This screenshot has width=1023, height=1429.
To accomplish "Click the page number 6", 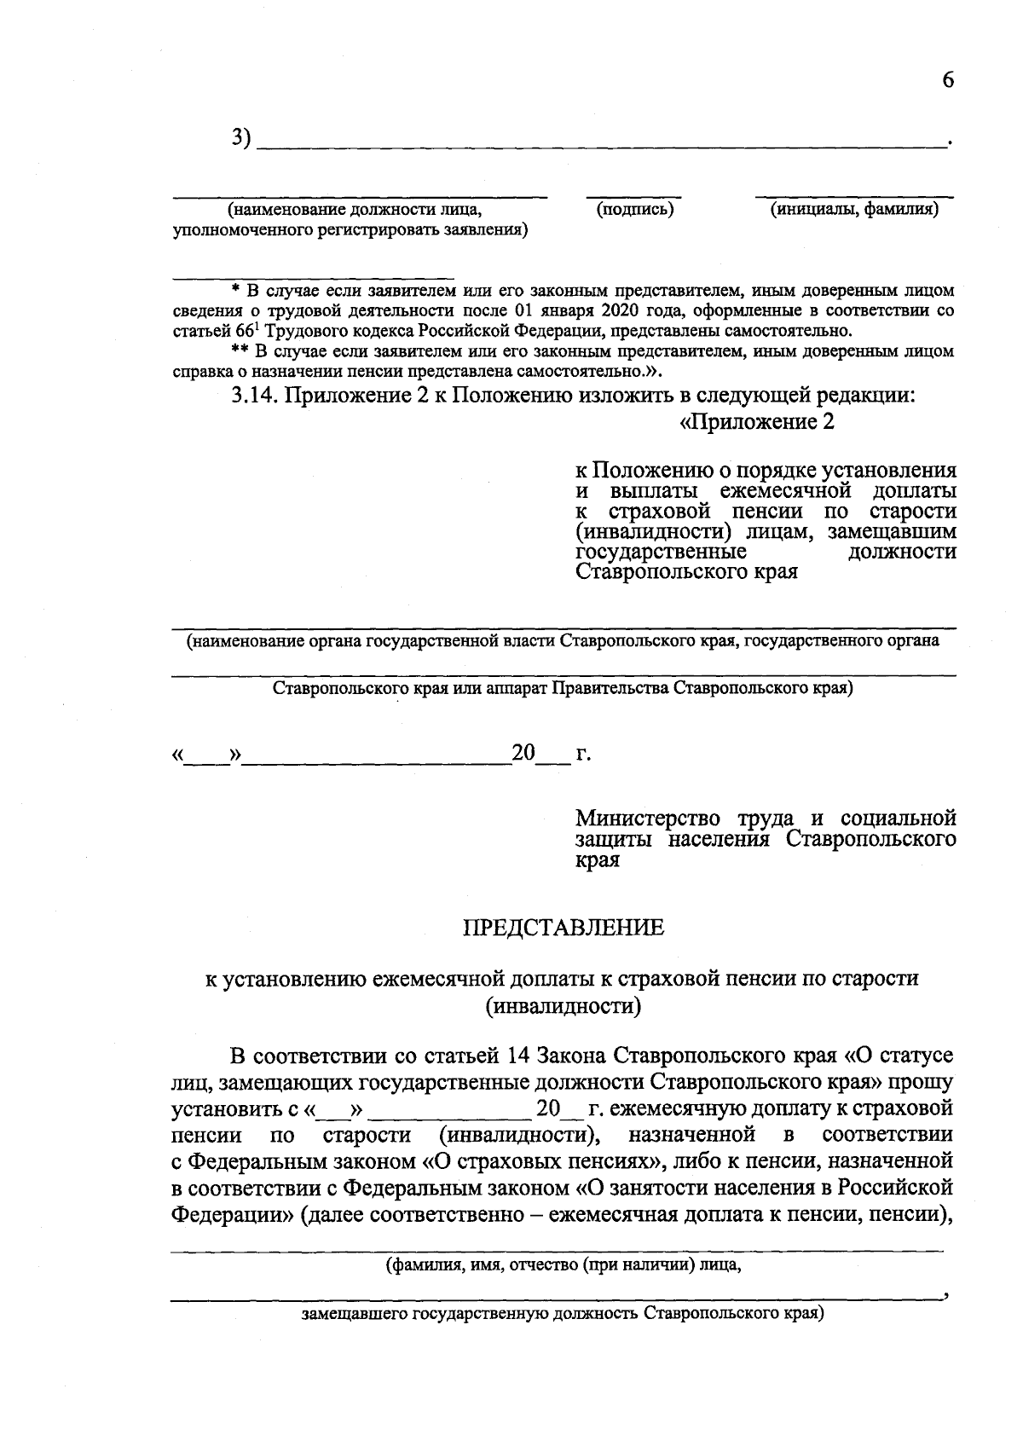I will pyautogui.click(x=947, y=80).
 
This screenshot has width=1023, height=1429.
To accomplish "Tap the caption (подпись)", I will pyautogui.click(x=635, y=209).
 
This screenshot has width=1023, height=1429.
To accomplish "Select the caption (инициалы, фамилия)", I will pyautogui.click(x=854, y=209).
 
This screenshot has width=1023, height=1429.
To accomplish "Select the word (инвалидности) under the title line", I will pyautogui.click(x=563, y=1006).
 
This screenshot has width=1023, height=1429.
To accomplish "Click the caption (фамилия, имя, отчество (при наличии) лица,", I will pyautogui.click(x=563, y=1264).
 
